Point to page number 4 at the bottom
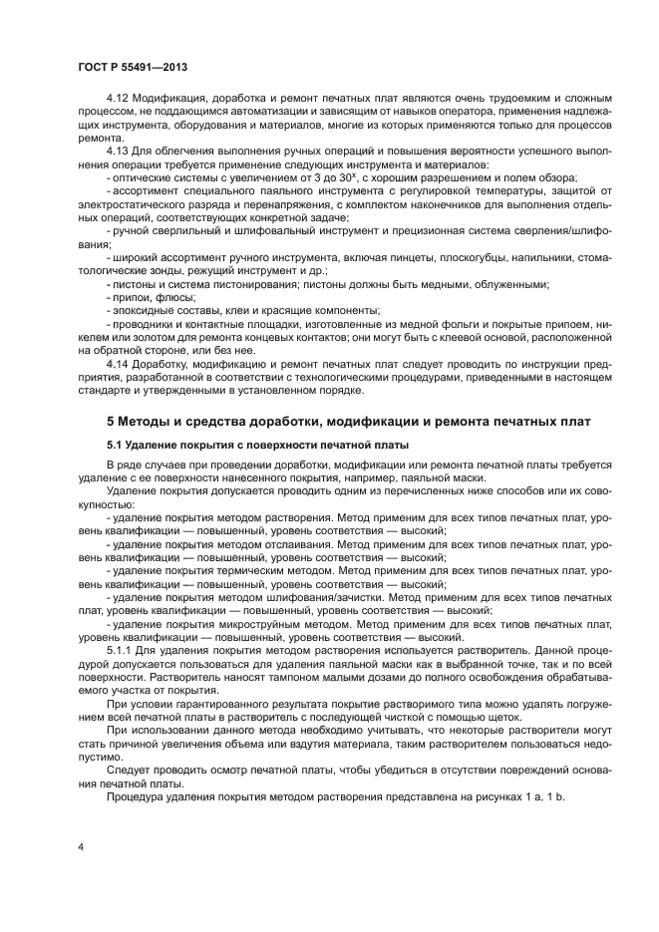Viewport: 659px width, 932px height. click(x=80, y=845)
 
